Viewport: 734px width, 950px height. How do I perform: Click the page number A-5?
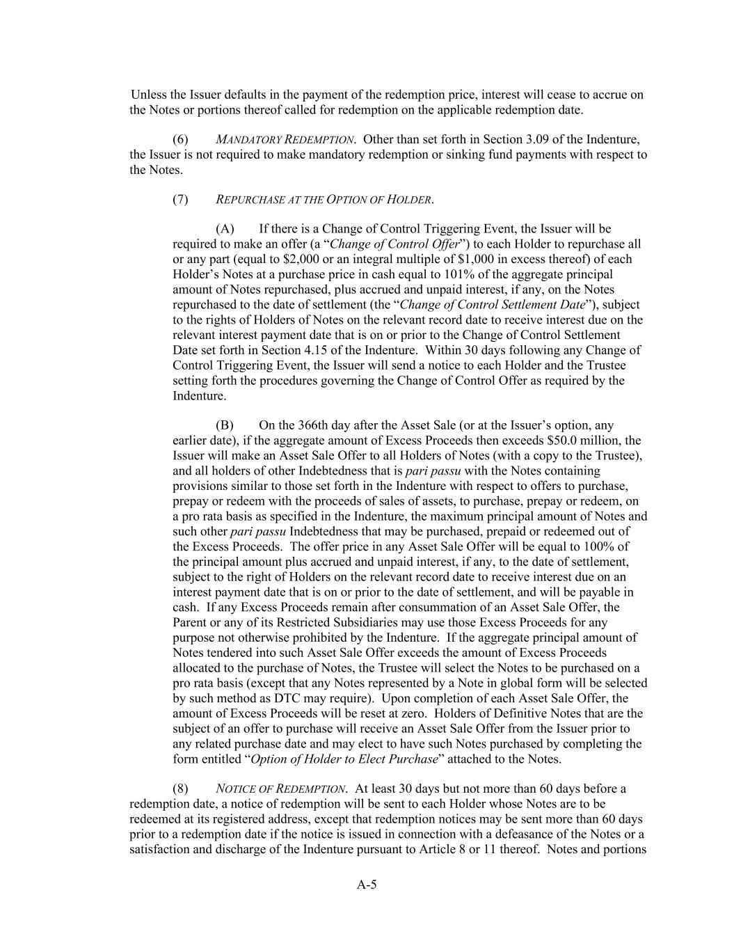pos(367,885)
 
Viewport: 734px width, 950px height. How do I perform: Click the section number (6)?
pos(180,139)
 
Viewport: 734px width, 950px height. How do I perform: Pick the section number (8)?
pos(180,789)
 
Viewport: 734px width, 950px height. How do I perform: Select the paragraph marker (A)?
pos(225,229)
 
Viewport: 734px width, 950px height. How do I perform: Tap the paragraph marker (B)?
pos(225,425)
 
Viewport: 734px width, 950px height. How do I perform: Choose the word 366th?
pos(312,425)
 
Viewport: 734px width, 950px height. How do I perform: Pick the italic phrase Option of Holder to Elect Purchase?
pos(344,759)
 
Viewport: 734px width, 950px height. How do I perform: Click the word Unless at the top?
pos(149,95)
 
